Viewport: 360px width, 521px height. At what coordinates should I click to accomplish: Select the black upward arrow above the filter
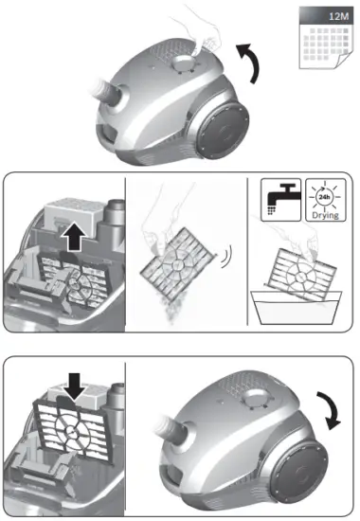[x=72, y=237]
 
